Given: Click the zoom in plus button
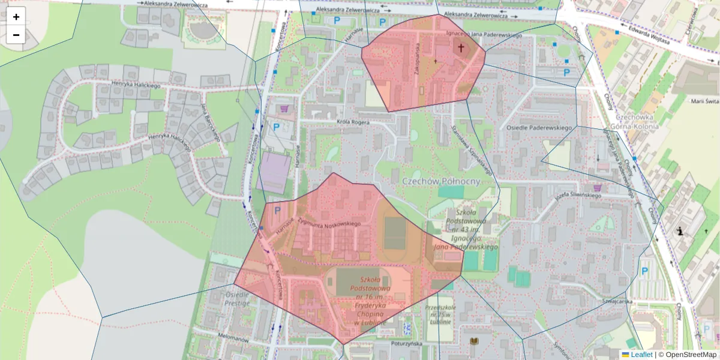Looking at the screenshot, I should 16,17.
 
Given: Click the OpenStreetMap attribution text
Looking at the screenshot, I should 687,355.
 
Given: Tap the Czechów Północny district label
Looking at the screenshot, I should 440,181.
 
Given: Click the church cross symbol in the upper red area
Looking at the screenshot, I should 461,48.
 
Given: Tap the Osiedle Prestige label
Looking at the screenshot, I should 237,299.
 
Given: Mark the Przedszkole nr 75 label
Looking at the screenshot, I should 437,314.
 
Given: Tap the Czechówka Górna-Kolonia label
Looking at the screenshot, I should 632,122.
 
